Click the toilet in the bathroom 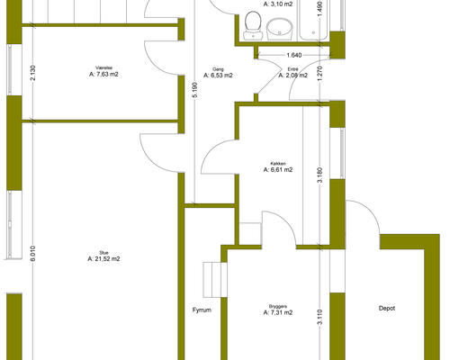click(253, 25)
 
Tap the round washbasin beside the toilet click(279, 29)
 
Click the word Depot click(387, 308)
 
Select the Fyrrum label click(202, 310)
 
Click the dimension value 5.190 click(195, 90)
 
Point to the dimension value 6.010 click(33, 254)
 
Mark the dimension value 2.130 click(33, 73)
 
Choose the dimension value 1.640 click(294, 55)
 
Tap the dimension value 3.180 click(319, 175)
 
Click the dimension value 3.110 click(319, 317)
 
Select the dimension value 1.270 click(319, 74)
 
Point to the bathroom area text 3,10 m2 click(278, 4)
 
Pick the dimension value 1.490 click(319, 9)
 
